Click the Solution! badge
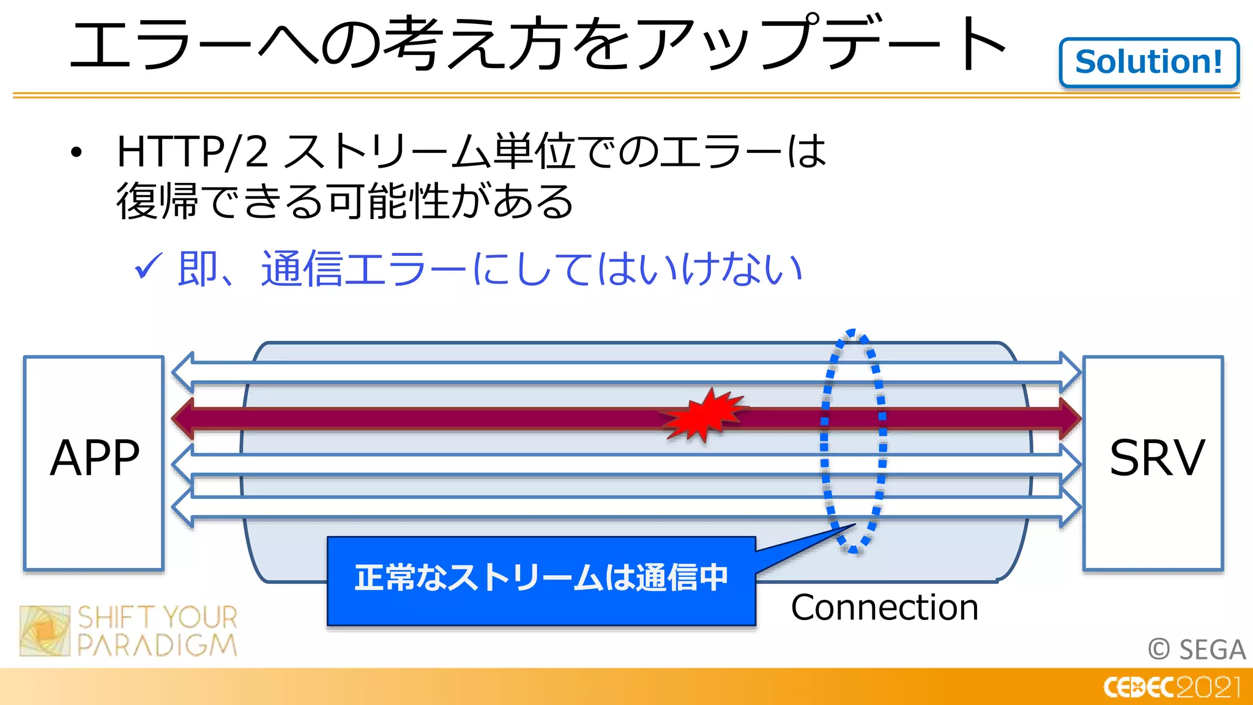pos(1148,62)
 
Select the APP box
pos(94,463)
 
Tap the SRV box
pos(1153,463)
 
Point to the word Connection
pos(884,608)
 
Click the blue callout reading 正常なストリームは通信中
pos(541,580)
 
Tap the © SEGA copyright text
pos(1196,649)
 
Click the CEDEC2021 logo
pos(1172,687)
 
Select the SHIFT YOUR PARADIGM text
pos(157,631)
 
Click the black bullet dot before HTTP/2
pos(76,152)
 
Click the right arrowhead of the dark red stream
pos(1069,418)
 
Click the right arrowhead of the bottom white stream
pos(1069,507)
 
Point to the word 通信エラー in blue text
pos(363,269)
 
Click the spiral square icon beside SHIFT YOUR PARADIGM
pos(45,630)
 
